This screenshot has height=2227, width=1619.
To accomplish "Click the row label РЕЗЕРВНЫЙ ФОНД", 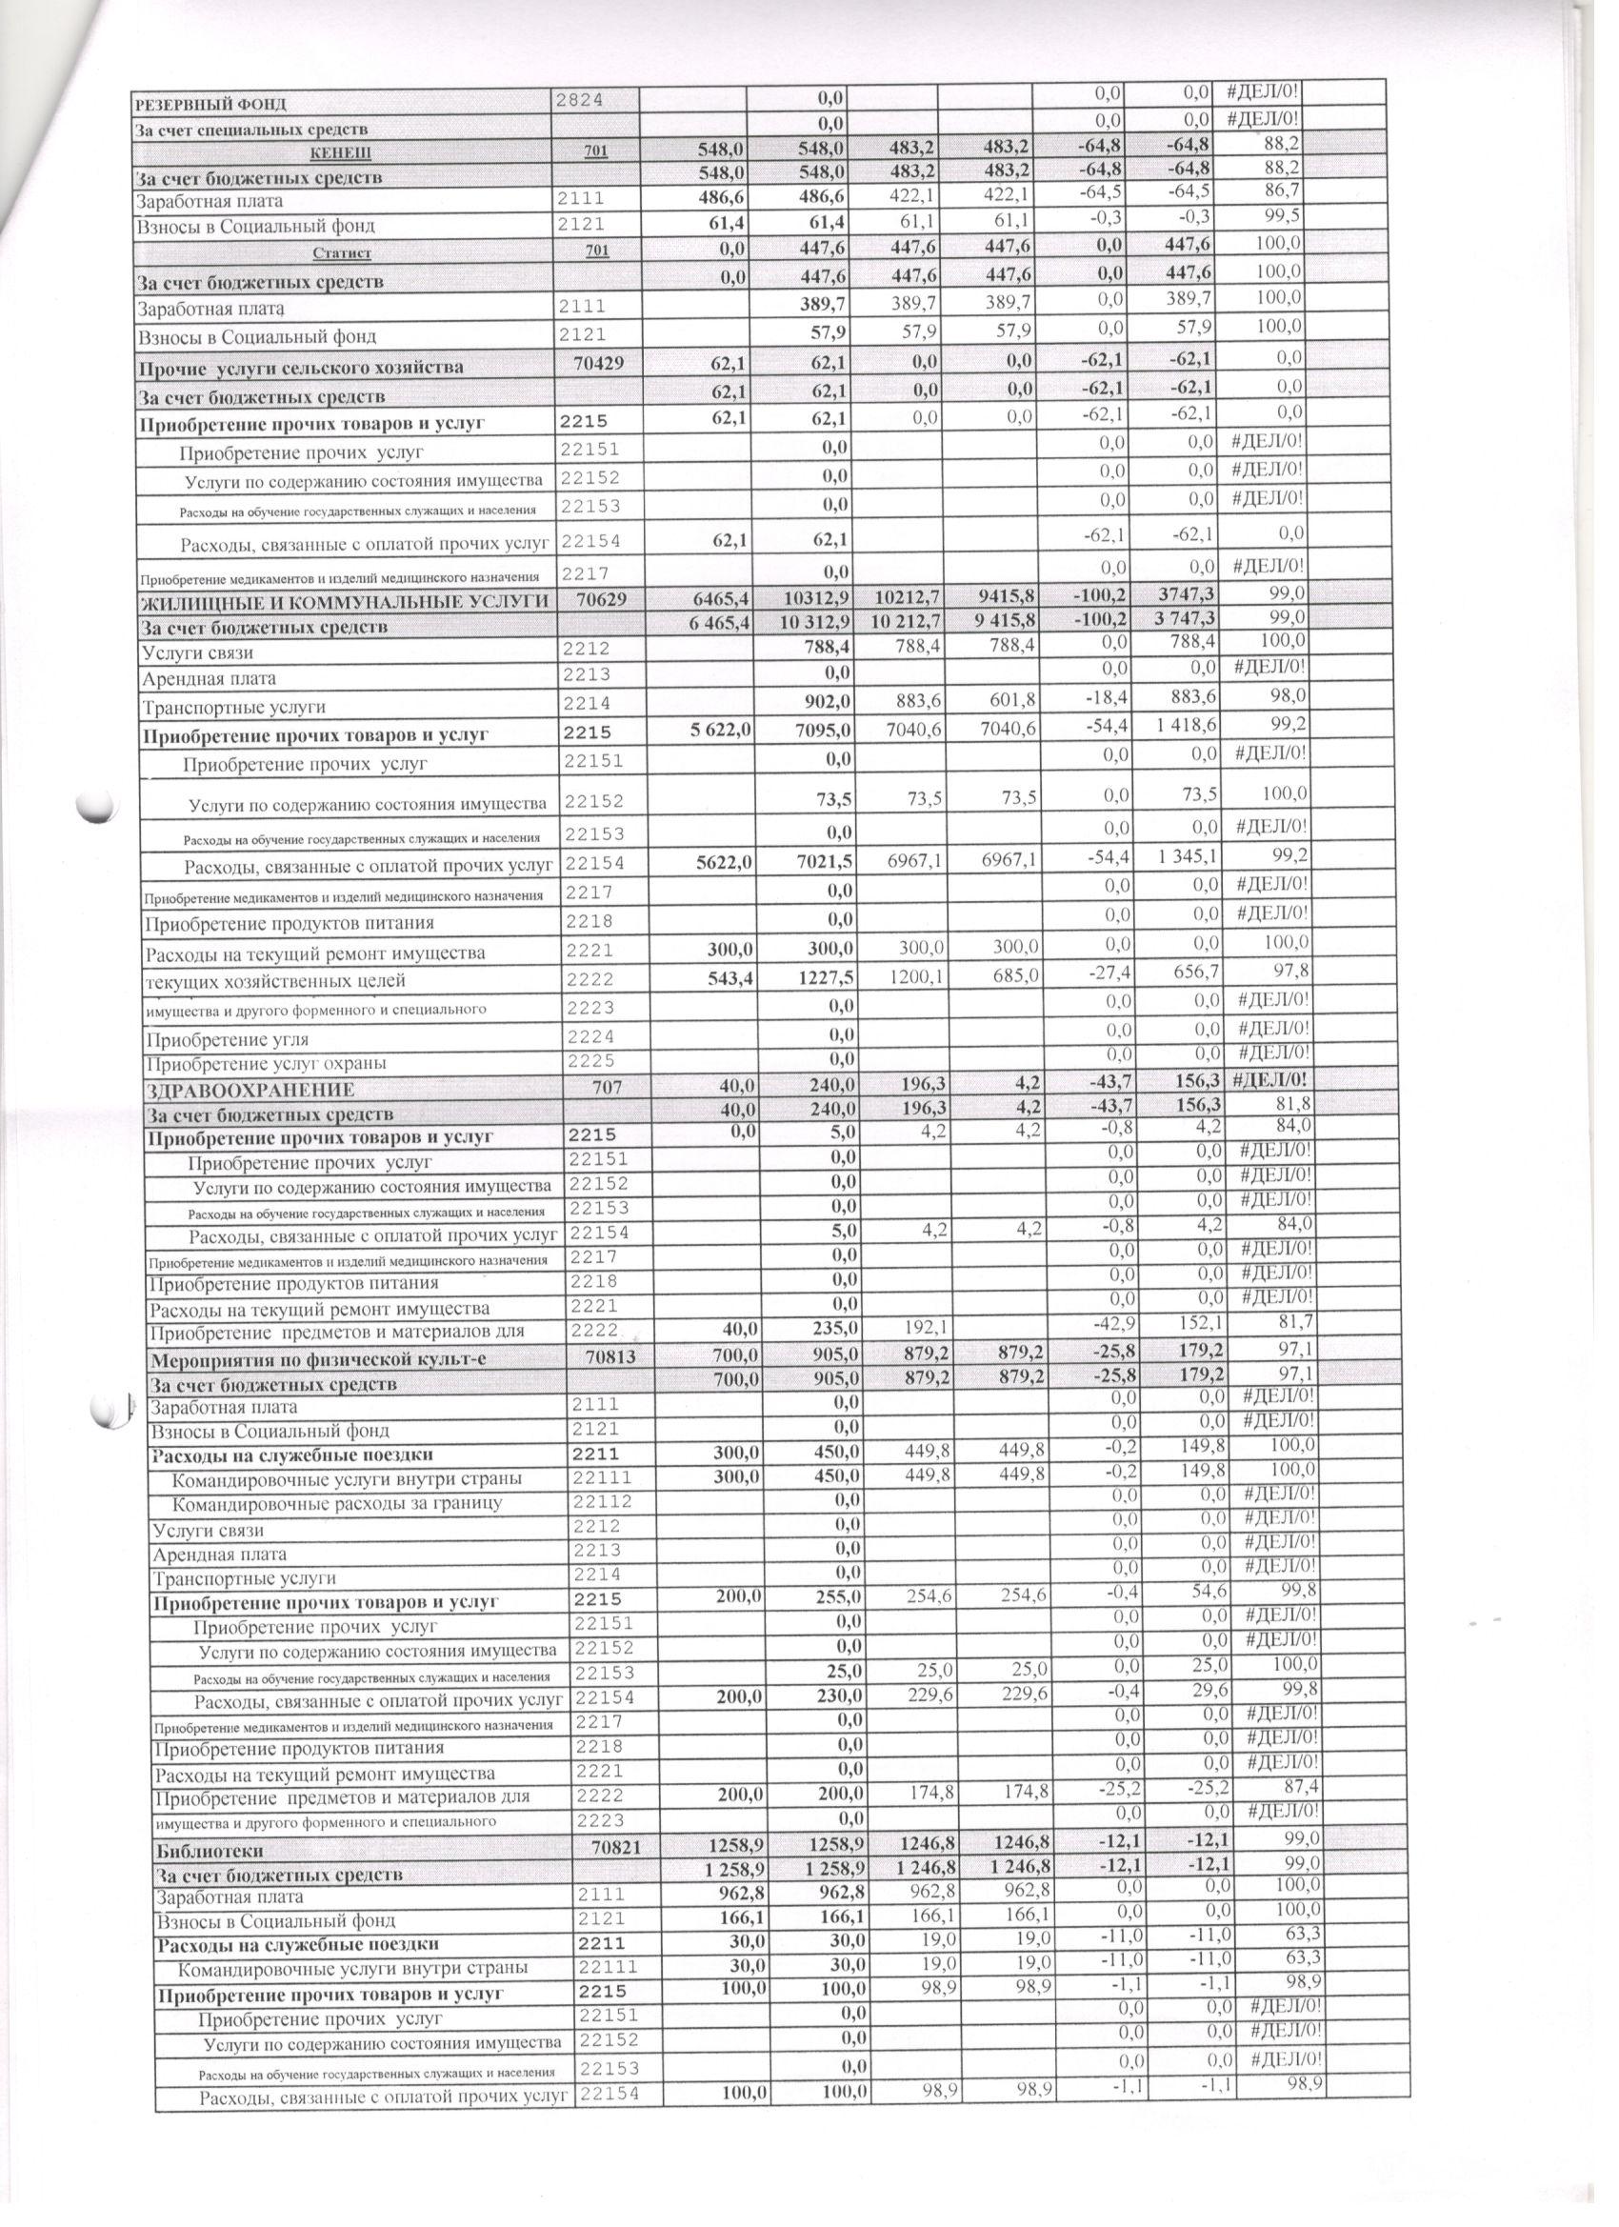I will click(x=210, y=104).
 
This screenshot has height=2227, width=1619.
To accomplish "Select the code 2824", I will click(x=580, y=100).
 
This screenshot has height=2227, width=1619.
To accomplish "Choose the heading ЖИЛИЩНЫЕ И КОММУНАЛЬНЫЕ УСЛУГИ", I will click(x=345, y=602).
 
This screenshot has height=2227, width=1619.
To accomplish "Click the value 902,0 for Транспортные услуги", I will click(x=824, y=705).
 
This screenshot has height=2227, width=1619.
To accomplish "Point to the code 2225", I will click(x=591, y=1060).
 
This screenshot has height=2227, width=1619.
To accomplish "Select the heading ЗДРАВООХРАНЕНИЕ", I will click(x=250, y=1090).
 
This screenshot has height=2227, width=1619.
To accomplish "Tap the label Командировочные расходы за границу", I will click(x=338, y=1503).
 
